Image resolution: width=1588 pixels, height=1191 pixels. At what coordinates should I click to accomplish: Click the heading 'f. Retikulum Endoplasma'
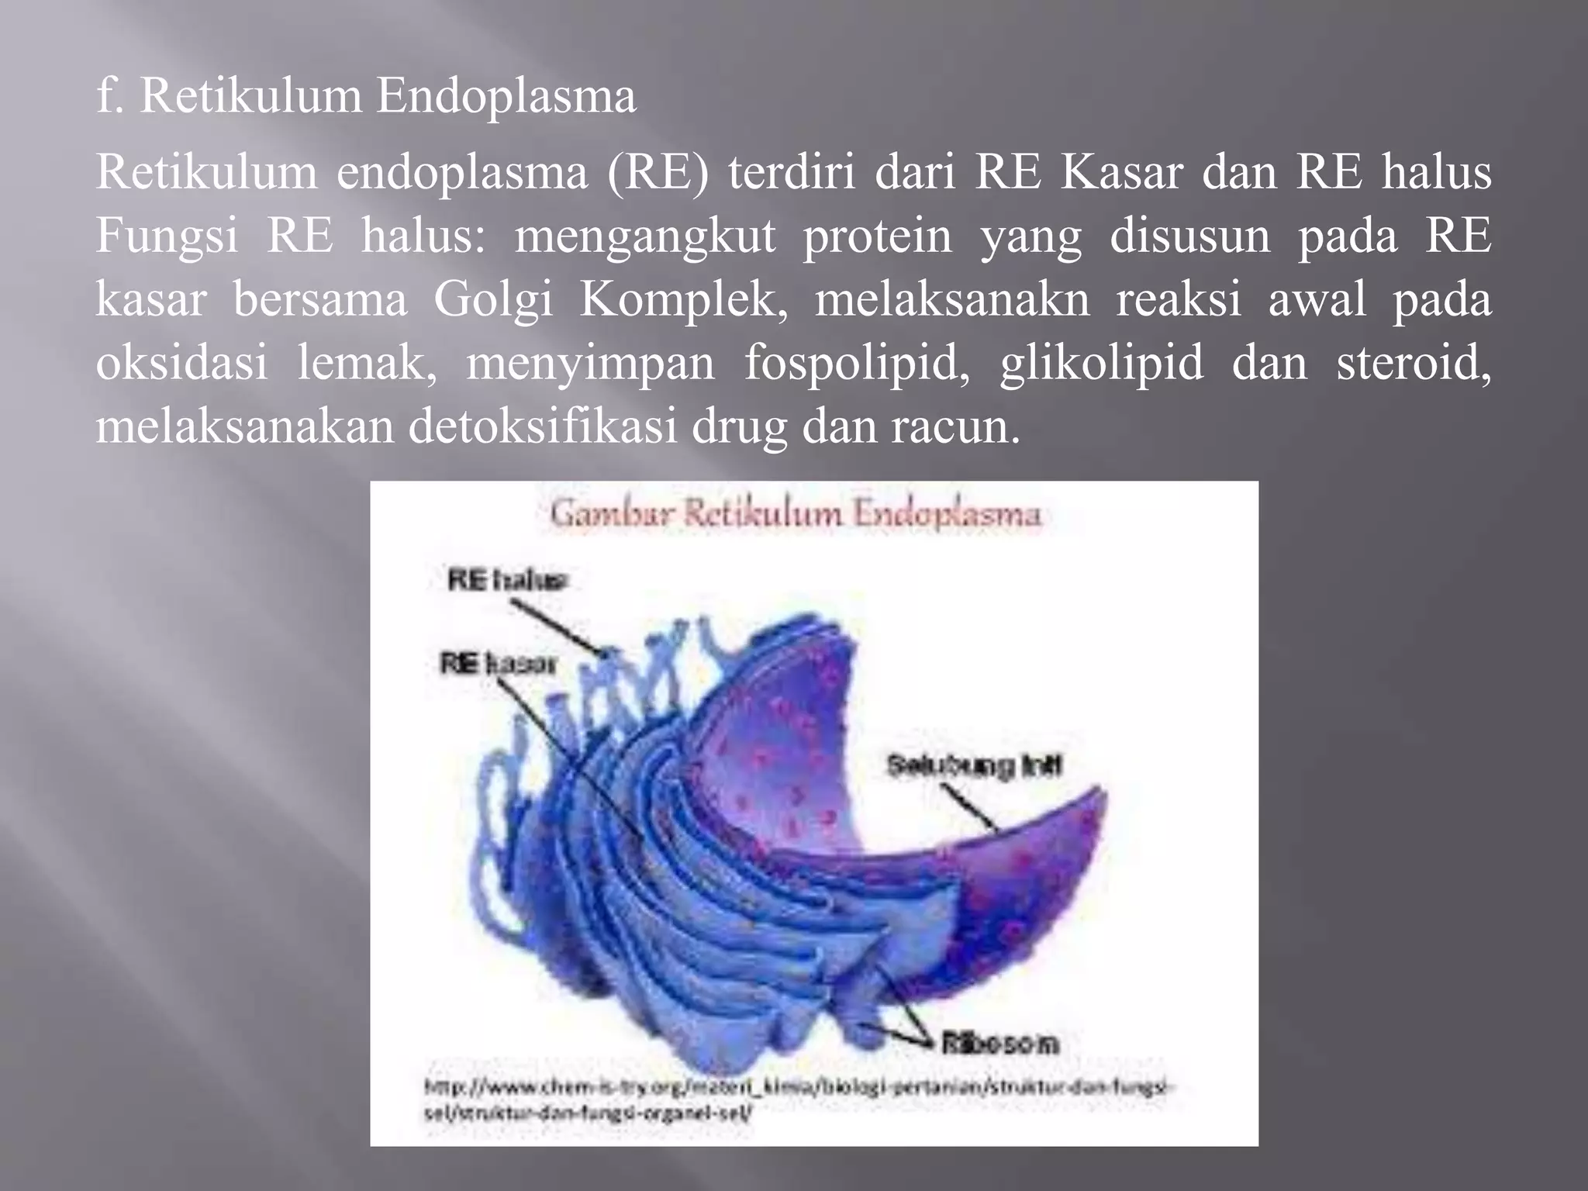pyautogui.click(x=366, y=96)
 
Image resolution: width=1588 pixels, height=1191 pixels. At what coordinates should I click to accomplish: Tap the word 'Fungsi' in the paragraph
pyautogui.click(x=167, y=236)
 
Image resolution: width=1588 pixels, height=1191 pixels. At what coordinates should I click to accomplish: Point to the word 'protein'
pyautogui.click(x=877, y=236)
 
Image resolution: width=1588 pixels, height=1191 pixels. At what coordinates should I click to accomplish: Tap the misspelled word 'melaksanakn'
pyautogui.click(x=951, y=299)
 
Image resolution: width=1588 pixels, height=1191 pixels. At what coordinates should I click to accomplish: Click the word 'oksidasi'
pyautogui.click(x=182, y=363)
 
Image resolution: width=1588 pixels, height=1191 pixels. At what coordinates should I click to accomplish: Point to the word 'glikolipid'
pyautogui.click(x=1101, y=363)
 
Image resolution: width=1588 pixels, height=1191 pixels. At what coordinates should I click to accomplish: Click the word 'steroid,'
pyautogui.click(x=1414, y=363)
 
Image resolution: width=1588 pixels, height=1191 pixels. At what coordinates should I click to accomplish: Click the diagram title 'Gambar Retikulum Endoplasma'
pyautogui.click(x=796, y=515)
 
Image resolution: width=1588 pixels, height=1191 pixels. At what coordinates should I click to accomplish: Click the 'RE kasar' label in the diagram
pyautogui.click(x=499, y=665)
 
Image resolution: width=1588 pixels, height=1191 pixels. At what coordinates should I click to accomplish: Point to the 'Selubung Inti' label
pyautogui.click(x=974, y=766)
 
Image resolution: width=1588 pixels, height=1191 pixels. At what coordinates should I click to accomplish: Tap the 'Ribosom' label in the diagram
pyautogui.click(x=999, y=1044)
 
